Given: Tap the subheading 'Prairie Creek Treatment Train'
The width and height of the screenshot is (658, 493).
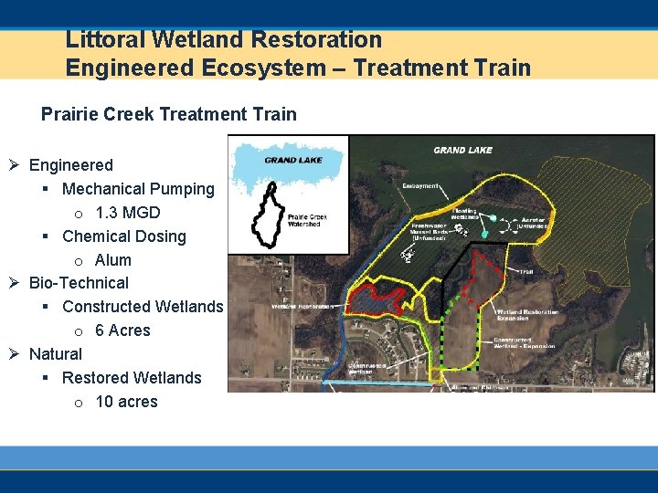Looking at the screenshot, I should click(x=168, y=114).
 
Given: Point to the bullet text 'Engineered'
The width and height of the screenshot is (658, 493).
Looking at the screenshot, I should click(x=71, y=165).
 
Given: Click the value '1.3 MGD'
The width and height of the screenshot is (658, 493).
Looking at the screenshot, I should click(x=127, y=213).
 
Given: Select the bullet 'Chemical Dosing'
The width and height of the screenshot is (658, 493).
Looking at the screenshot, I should click(x=123, y=236).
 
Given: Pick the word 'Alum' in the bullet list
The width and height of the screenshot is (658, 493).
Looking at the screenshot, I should click(x=113, y=260).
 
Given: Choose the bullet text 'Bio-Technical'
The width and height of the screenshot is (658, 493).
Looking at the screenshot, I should click(x=79, y=283).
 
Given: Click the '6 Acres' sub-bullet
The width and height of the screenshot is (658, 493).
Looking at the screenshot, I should click(x=122, y=330).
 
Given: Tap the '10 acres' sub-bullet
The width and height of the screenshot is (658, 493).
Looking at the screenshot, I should click(x=126, y=402).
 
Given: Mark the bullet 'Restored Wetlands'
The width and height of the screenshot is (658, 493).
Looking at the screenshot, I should click(x=132, y=378).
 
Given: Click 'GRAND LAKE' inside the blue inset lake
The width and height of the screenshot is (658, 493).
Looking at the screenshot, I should click(x=292, y=160).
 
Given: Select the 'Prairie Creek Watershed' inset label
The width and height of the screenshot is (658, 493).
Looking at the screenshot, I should click(x=312, y=220).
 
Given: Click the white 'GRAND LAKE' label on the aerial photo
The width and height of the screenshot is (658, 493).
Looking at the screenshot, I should click(x=462, y=150).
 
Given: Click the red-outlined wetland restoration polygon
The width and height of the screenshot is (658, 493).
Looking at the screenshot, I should click(x=374, y=299).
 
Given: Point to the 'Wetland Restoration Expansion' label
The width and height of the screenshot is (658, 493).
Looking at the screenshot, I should click(x=526, y=315).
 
